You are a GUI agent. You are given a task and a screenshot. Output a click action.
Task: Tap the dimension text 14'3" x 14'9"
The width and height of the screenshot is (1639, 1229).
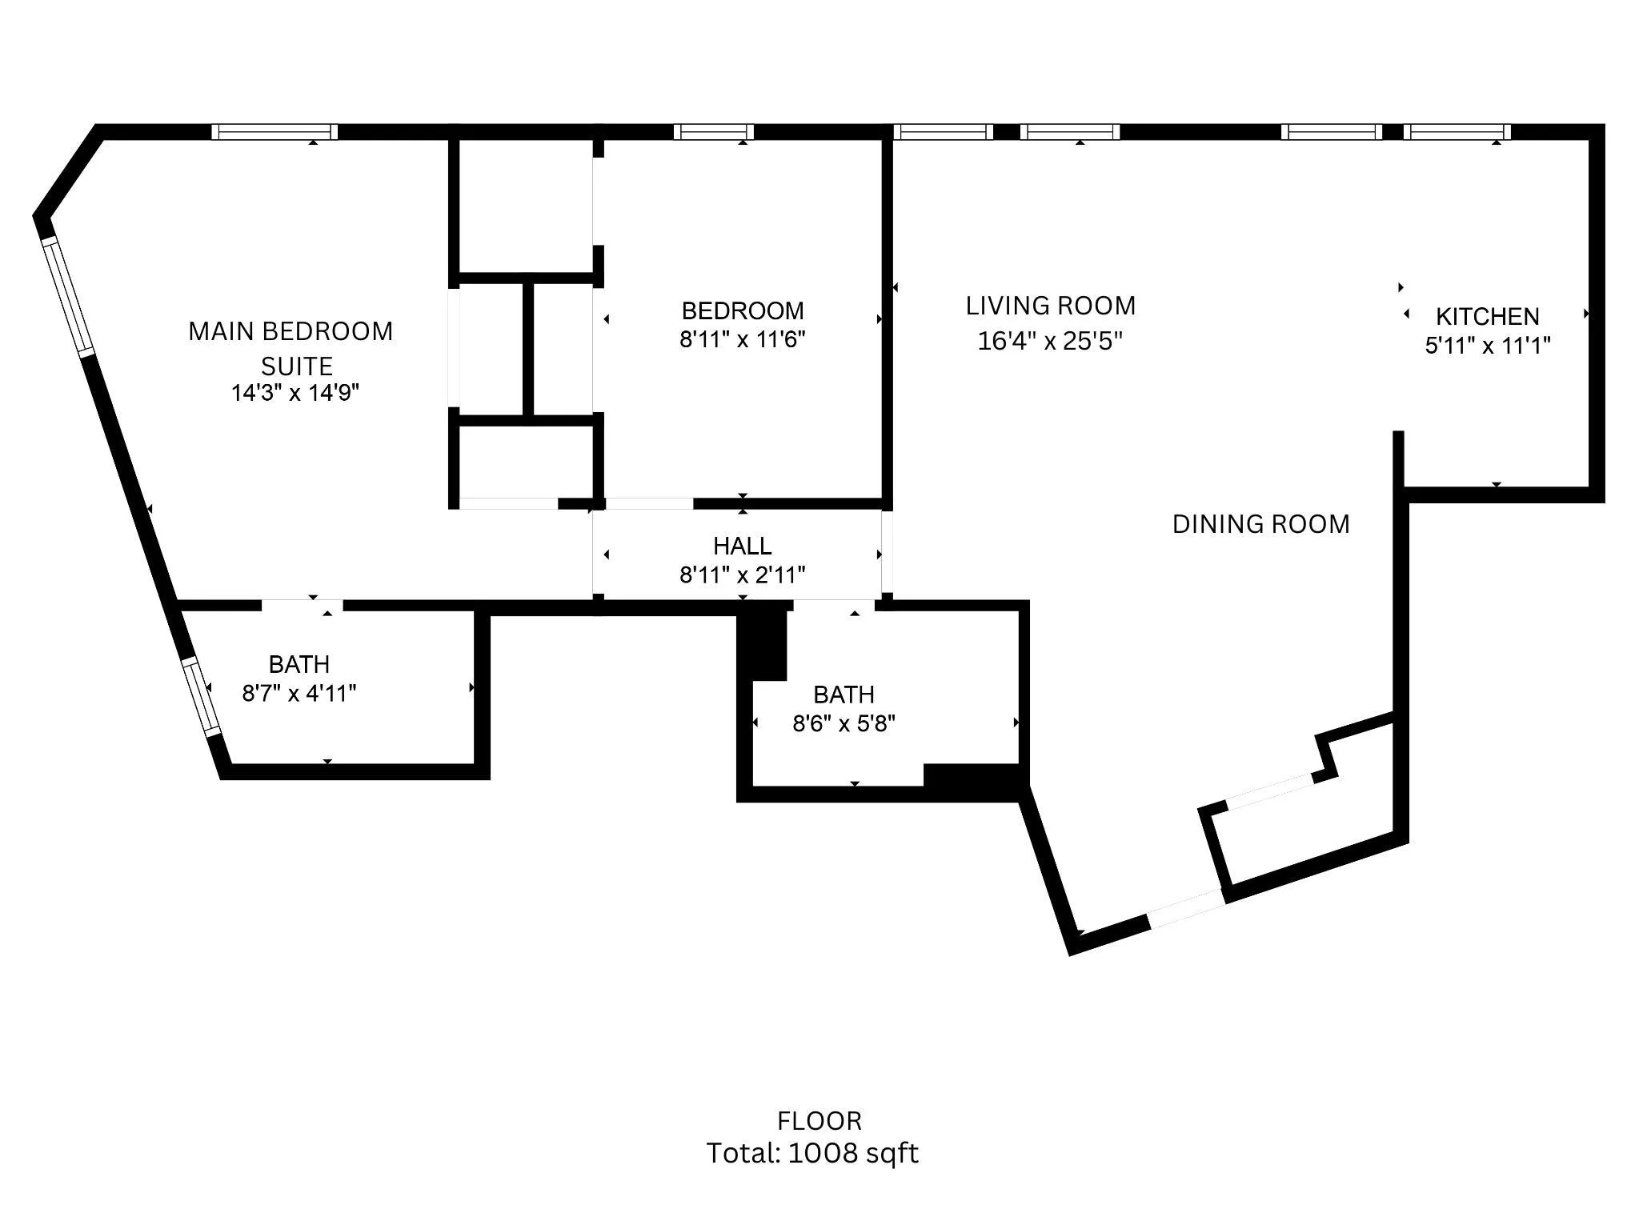(295, 393)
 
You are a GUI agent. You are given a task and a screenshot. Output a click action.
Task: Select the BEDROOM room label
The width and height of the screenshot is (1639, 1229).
(742, 310)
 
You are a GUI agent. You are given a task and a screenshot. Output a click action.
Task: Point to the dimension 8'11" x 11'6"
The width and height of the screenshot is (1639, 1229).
(742, 339)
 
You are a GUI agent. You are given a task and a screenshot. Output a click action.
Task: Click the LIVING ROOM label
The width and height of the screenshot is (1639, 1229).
(1050, 306)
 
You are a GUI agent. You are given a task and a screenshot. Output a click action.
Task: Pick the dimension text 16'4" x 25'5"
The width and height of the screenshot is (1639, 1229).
(1050, 342)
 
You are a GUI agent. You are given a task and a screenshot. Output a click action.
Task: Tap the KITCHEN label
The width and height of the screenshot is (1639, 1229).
(1487, 317)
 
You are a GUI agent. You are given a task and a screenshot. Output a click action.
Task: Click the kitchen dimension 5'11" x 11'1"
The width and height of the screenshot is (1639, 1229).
(1488, 346)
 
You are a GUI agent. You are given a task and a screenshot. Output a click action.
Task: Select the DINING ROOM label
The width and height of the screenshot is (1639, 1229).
(1260, 524)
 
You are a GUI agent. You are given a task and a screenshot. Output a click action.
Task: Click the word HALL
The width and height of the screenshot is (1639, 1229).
(742, 546)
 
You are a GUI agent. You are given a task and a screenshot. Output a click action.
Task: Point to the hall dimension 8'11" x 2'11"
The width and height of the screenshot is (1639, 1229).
(742, 574)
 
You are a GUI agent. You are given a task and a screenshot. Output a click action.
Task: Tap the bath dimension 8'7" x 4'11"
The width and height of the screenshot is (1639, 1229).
(299, 693)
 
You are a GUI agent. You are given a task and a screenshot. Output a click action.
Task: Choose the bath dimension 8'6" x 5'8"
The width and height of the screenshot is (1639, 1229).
(844, 723)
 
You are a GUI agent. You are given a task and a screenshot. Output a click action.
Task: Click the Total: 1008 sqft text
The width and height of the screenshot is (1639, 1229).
(811, 1153)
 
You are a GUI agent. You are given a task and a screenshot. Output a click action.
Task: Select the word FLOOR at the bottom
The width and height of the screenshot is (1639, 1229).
(819, 1120)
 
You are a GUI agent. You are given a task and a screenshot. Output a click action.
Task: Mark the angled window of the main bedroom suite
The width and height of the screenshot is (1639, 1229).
(67, 296)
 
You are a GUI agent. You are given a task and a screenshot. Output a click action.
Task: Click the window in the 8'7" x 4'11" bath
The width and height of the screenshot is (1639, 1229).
(200, 697)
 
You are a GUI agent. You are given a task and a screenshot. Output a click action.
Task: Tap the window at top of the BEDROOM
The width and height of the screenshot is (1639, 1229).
(713, 132)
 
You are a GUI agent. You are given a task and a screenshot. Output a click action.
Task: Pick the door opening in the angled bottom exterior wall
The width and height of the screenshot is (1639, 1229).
(1186, 909)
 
